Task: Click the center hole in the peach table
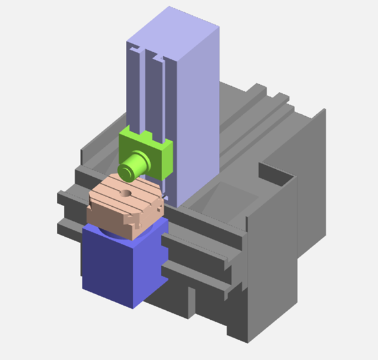tap(126, 192)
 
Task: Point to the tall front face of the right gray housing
tap(271, 255)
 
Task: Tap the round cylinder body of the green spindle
tap(137, 163)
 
